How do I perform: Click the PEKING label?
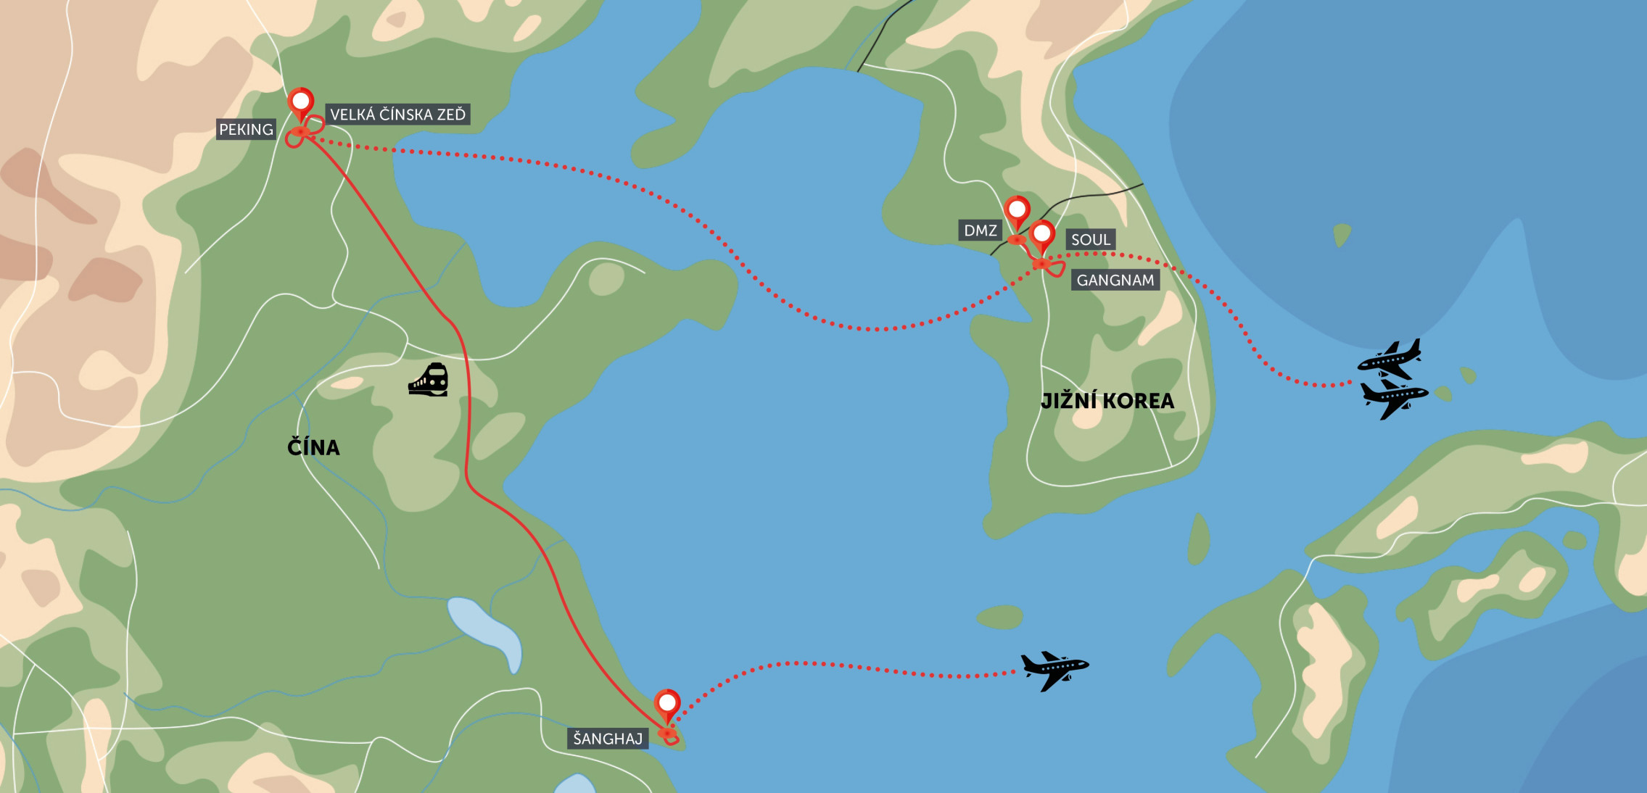coord(246,130)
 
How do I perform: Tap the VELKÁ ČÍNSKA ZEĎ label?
coord(397,115)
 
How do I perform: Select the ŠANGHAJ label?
coord(608,739)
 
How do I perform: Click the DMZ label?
coord(980,231)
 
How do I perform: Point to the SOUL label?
coord(1090,240)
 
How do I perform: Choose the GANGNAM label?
coord(1115,281)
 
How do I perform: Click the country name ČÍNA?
coord(313,447)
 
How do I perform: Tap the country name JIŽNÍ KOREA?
coord(1107,402)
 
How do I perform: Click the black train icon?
coord(429,380)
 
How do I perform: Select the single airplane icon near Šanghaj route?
coord(1054,669)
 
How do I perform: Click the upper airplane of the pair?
coord(1390,359)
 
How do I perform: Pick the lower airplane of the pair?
coord(1394,398)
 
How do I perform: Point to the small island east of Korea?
coord(1342,233)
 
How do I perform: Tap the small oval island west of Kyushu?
coord(999,618)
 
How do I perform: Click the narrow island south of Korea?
coord(1199,539)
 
